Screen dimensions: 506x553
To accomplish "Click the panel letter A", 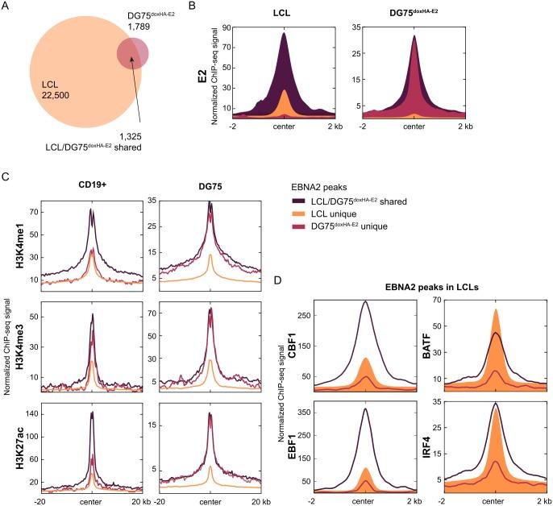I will click(7, 7).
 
